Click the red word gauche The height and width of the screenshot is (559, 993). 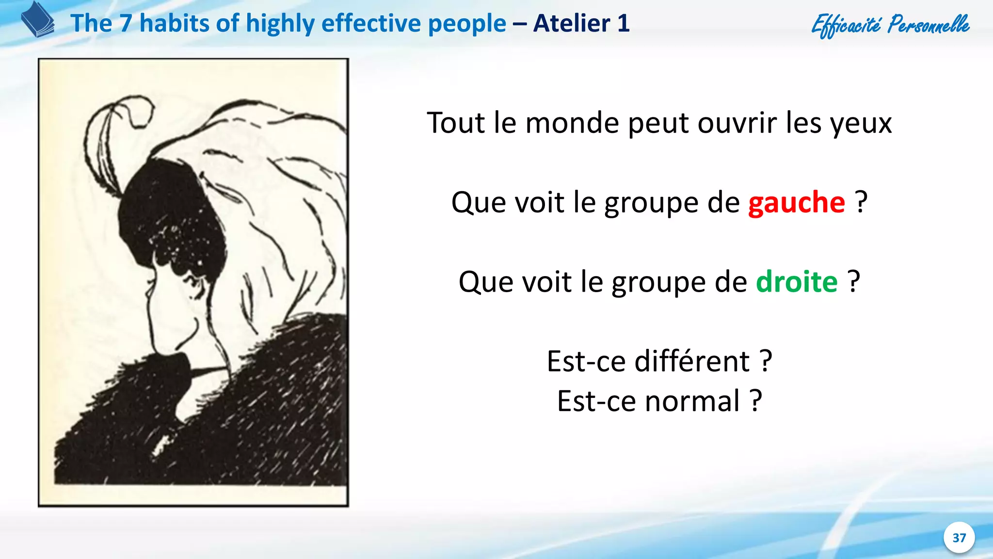796,202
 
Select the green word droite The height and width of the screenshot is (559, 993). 797,282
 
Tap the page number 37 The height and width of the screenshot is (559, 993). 959,538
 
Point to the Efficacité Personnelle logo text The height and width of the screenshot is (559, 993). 890,24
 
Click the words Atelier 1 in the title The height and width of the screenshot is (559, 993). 581,23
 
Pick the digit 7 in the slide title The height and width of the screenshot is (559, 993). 126,23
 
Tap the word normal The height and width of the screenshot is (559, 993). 692,401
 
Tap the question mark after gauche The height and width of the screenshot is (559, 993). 861,202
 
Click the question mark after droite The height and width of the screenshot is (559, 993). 854,282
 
